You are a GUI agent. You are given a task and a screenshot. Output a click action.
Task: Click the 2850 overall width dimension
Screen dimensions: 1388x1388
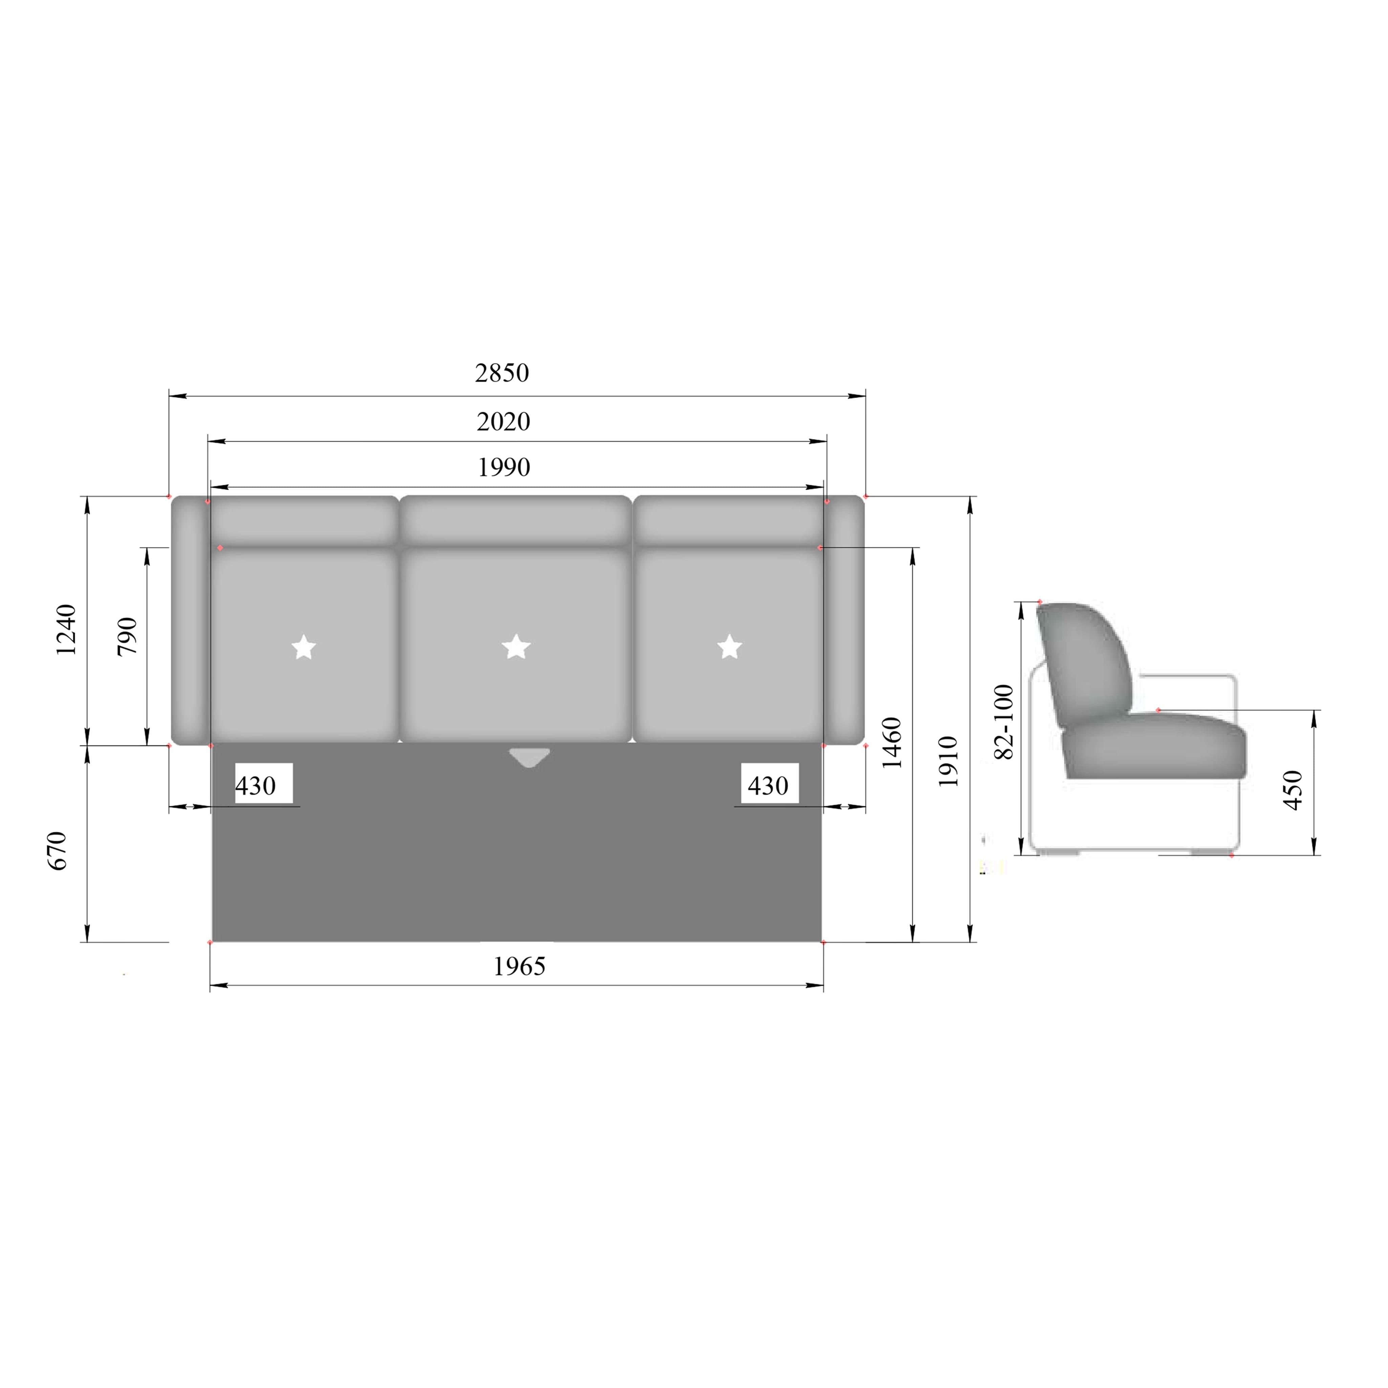[502, 373]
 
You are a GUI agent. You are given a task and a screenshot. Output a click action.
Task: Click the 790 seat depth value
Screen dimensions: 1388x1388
[127, 636]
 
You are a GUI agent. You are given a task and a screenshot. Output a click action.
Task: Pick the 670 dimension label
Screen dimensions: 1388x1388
[57, 851]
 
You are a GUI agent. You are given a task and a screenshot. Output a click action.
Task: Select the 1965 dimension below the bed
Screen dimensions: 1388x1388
[519, 966]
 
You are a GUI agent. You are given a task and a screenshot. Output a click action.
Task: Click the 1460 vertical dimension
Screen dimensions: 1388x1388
[892, 743]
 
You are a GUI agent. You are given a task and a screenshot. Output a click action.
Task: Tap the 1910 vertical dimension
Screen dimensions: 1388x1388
[948, 761]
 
